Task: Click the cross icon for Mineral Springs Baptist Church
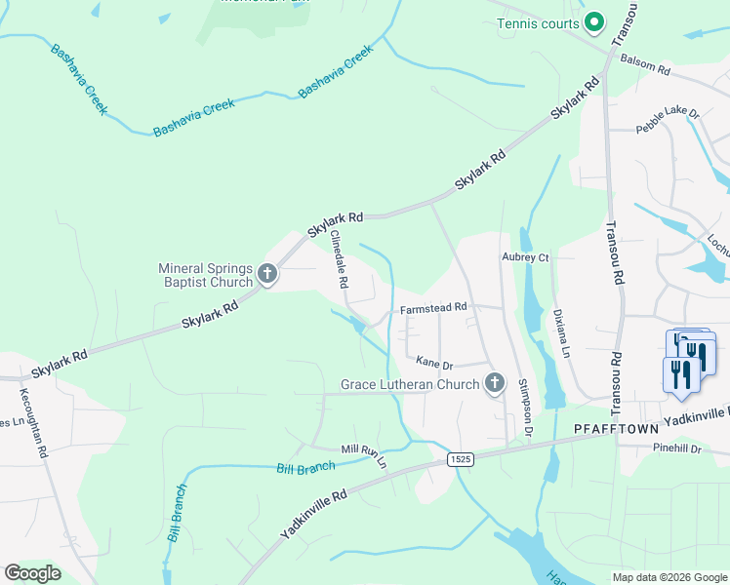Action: tap(267, 276)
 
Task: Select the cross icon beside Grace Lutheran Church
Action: tap(494, 384)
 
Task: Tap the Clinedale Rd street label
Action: tap(339, 259)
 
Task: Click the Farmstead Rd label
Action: tap(434, 308)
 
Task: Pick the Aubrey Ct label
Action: tap(526, 257)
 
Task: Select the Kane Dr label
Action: tap(435, 364)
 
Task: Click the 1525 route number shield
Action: tap(461, 458)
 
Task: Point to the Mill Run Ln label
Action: tap(364, 453)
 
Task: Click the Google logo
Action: tap(33, 573)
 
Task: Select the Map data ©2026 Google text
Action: tap(669, 577)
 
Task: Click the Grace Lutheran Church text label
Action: tap(409, 384)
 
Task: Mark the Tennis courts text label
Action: tap(538, 23)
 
